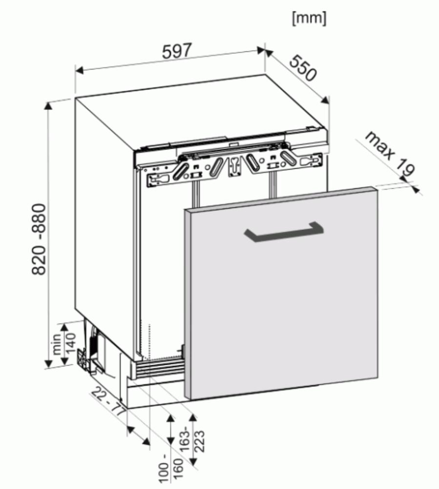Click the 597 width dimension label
(176, 51)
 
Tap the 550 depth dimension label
(303, 68)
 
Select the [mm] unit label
(309, 19)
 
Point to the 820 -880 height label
(40, 239)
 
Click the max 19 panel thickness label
(390, 154)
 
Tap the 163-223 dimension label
(193, 441)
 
